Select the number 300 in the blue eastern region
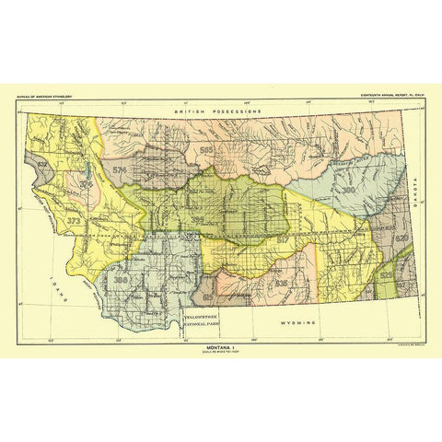(x=349, y=190)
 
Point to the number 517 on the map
(x=282, y=238)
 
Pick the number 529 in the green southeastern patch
(x=387, y=275)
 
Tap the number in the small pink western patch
(x=85, y=183)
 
